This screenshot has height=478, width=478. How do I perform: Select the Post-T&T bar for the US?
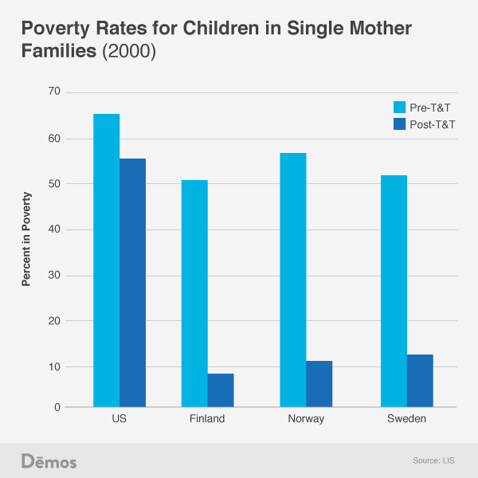click(132, 283)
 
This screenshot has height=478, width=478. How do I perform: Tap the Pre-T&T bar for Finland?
click(194, 294)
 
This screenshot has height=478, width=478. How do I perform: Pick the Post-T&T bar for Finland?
click(221, 390)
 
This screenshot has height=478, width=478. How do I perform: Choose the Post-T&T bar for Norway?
click(319, 384)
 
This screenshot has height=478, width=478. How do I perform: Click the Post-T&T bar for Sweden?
click(420, 381)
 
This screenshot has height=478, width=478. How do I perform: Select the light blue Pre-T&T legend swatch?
click(401, 107)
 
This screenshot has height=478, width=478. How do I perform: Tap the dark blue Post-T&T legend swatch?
click(401, 123)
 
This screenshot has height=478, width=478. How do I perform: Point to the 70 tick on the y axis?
click(54, 92)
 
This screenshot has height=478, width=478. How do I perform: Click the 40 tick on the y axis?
click(54, 230)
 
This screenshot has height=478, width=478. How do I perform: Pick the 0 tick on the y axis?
click(57, 408)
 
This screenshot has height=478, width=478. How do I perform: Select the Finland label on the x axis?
click(208, 420)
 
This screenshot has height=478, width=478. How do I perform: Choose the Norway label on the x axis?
click(306, 420)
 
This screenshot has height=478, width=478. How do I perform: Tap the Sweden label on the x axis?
click(406, 420)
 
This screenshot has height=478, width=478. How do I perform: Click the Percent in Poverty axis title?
click(26, 239)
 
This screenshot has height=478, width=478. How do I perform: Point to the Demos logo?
click(49, 461)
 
